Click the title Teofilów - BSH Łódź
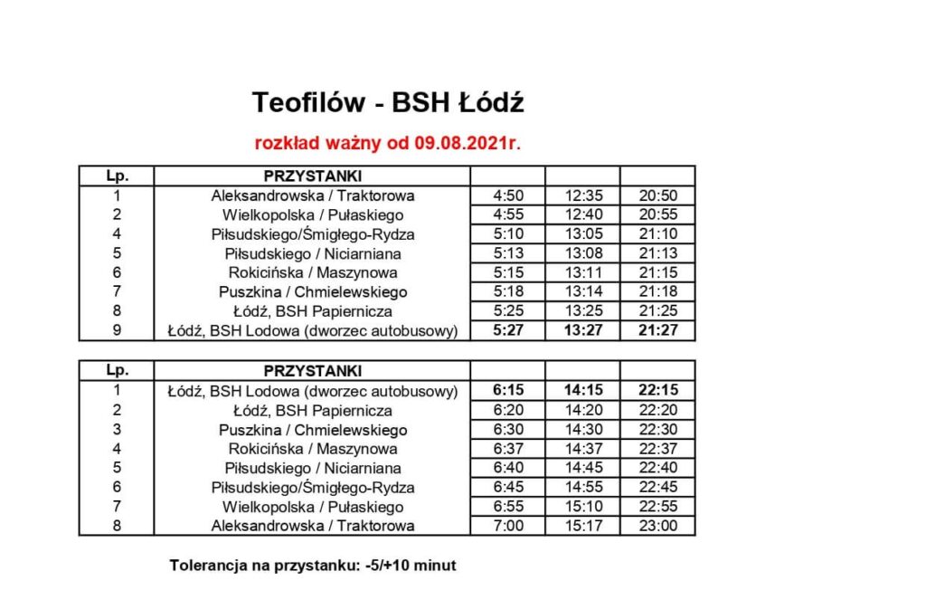388,103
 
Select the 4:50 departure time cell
507,195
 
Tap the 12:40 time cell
582,214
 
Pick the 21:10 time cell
657,234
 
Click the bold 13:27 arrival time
582,331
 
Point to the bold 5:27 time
507,331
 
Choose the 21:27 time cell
657,331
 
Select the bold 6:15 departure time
507,391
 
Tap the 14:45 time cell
582,468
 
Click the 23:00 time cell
657,526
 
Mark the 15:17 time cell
582,526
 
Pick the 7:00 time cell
507,526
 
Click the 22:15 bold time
657,391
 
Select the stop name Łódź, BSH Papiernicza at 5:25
312,311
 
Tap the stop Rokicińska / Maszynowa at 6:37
312,449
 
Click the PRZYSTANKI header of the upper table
312,176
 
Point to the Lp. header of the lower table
117,370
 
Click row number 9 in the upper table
117,331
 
